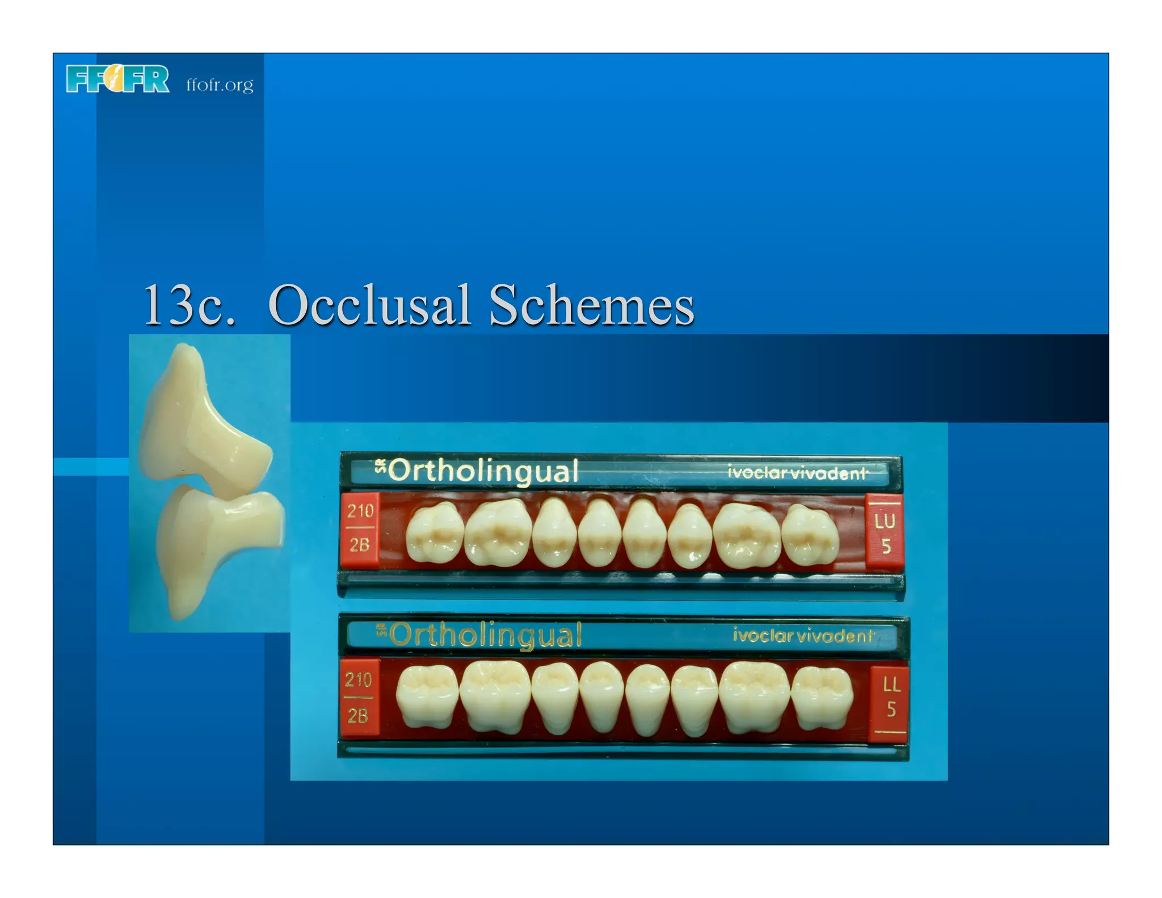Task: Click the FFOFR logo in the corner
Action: pyautogui.click(x=117, y=79)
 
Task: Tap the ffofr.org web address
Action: pyautogui.click(x=220, y=85)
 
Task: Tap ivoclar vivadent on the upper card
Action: pyautogui.click(x=797, y=472)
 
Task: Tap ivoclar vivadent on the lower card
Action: pyautogui.click(x=803, y=635)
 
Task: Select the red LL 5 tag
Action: pyautogui.click(x=890, y=698)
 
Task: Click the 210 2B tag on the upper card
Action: pyautogui.click(x=360, y=528)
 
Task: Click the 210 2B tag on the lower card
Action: pyautogui.click(x=359, y=697)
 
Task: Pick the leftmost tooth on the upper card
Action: pyautogui.click(x=435, y=533)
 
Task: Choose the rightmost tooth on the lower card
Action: pyautogui.click(x=822, y=698)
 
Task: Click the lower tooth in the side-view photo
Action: pyautogui.click(x=213, y=545)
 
